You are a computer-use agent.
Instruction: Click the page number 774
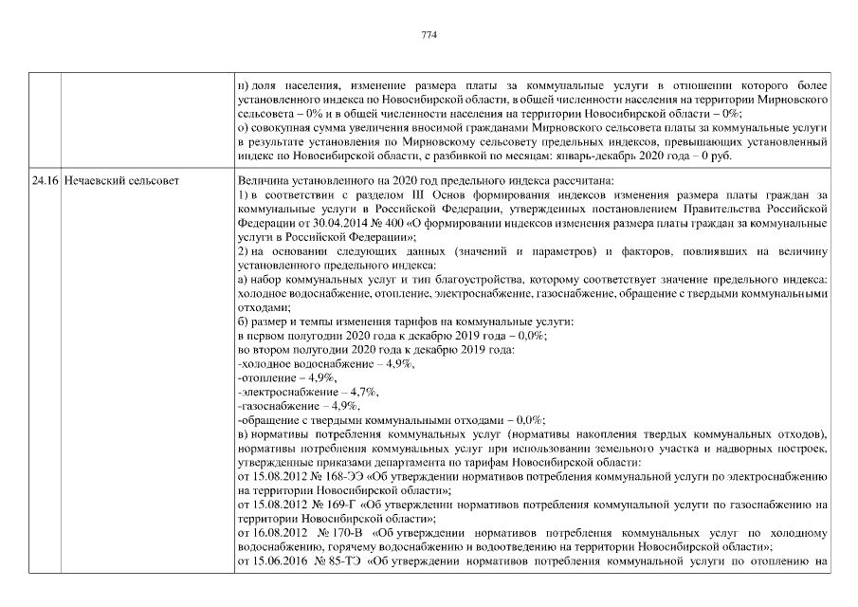pos(428,35)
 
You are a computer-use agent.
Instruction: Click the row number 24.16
pos(45,178)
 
